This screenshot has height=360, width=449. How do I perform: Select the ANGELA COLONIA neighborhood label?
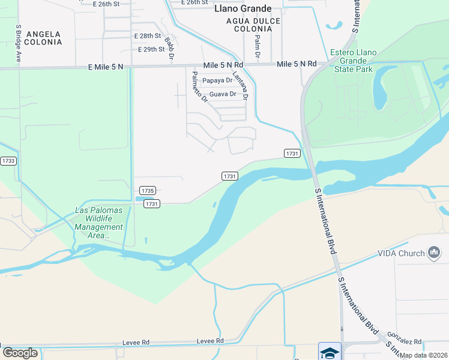click(44, 38)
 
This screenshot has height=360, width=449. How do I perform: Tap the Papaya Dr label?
click(217, 80)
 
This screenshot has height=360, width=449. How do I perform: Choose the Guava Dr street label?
click(222, 94)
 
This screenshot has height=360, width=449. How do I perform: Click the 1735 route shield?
click(148, 190)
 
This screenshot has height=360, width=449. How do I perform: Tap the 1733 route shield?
click(8, 161)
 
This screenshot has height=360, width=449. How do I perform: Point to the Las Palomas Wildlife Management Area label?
click(98, 223)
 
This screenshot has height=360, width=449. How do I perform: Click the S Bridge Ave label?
click(19, 43)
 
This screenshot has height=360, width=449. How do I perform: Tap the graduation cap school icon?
click(330, 352)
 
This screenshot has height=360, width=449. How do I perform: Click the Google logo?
click(20, 353)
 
